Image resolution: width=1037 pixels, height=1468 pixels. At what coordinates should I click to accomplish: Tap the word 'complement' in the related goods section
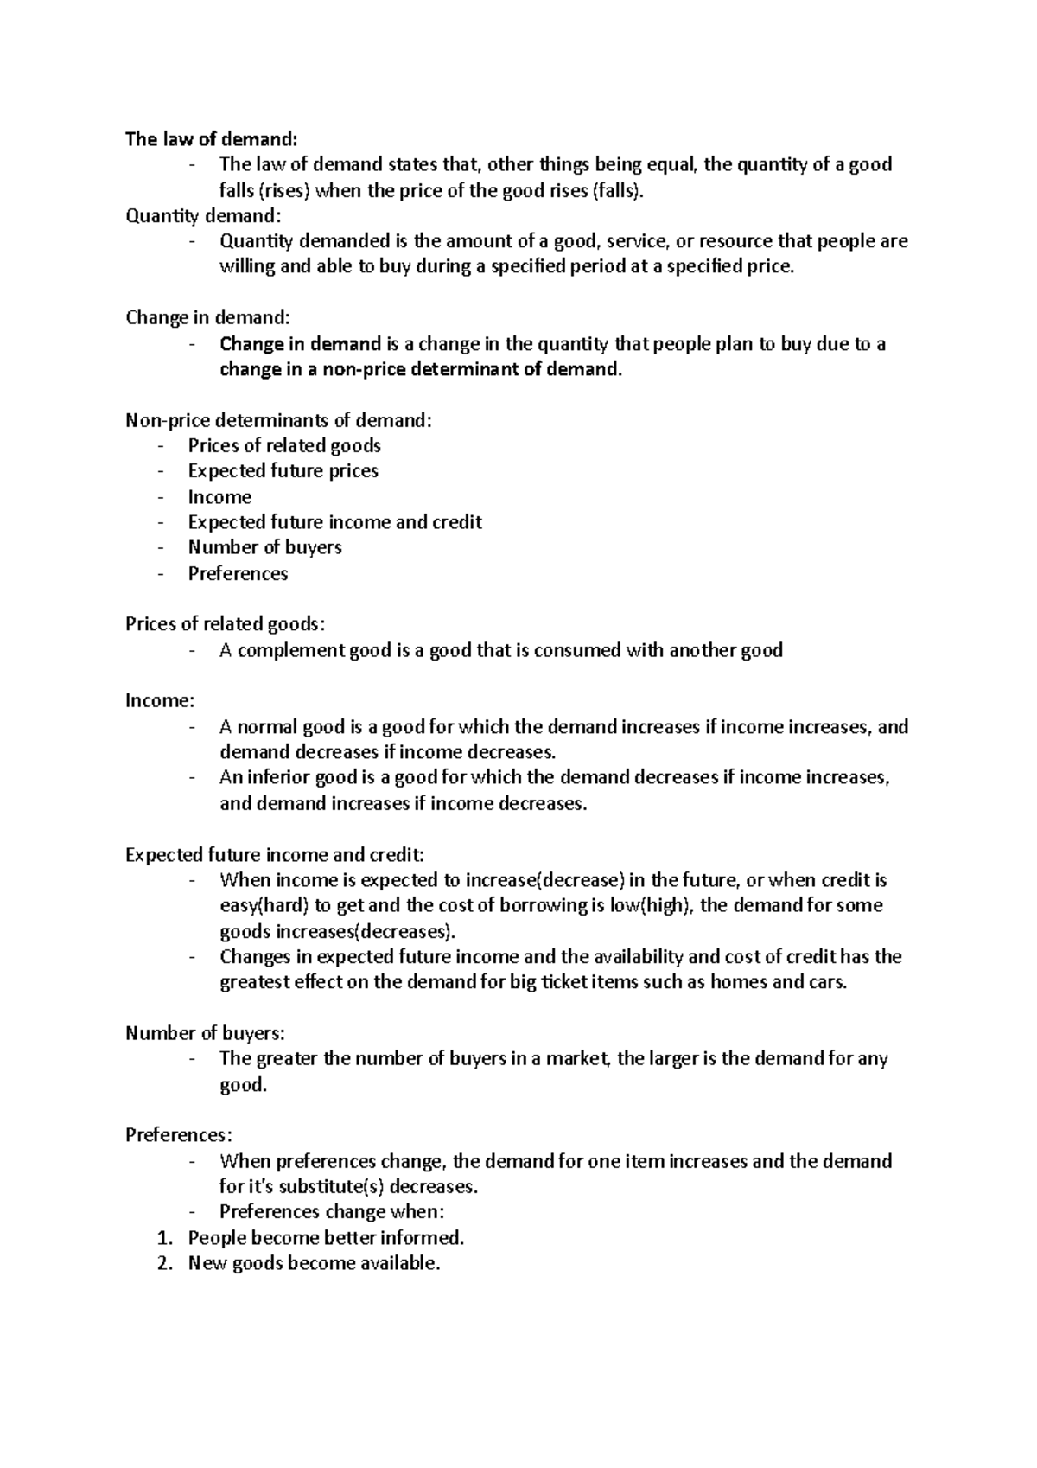[x=290, y=651]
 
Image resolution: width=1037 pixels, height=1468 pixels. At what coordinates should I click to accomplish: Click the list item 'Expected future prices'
[x=283, y=471]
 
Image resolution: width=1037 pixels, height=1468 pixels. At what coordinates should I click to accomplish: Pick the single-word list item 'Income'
[x=219, y=497]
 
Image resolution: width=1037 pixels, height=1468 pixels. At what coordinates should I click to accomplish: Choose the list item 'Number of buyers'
[x=264, y=548]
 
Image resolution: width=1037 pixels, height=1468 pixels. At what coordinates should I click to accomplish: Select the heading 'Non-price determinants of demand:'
[x=277, y=421]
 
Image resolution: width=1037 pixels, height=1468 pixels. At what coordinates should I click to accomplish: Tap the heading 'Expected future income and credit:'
[x=275, y=856]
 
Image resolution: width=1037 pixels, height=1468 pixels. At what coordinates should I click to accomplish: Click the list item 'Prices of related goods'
[x=284, y=446]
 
